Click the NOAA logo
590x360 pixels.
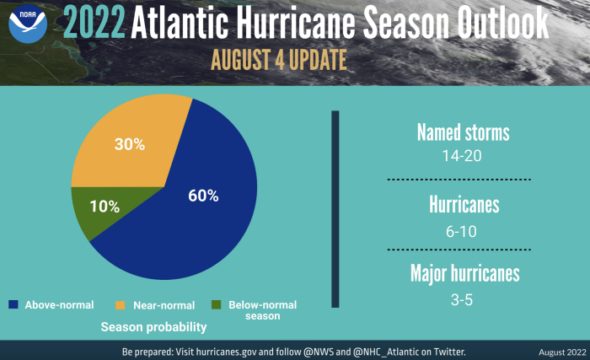28,24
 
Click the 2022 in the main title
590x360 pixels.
94,23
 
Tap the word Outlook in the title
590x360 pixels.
503,23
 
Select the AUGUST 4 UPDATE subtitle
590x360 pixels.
279,60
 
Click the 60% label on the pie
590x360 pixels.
203,196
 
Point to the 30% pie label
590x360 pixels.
130,144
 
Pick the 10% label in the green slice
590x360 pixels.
105,207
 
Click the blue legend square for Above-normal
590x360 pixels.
13,304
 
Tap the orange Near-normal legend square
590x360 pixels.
120,304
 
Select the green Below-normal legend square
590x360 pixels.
217,304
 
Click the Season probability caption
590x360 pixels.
153,327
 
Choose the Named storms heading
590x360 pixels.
464,132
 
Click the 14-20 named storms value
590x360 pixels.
462,156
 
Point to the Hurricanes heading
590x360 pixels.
464,205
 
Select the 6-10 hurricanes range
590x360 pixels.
461,232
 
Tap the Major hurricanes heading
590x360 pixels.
464,273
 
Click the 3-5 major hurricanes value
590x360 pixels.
462,300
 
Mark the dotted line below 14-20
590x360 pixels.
459,180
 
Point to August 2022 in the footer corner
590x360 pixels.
562,352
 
